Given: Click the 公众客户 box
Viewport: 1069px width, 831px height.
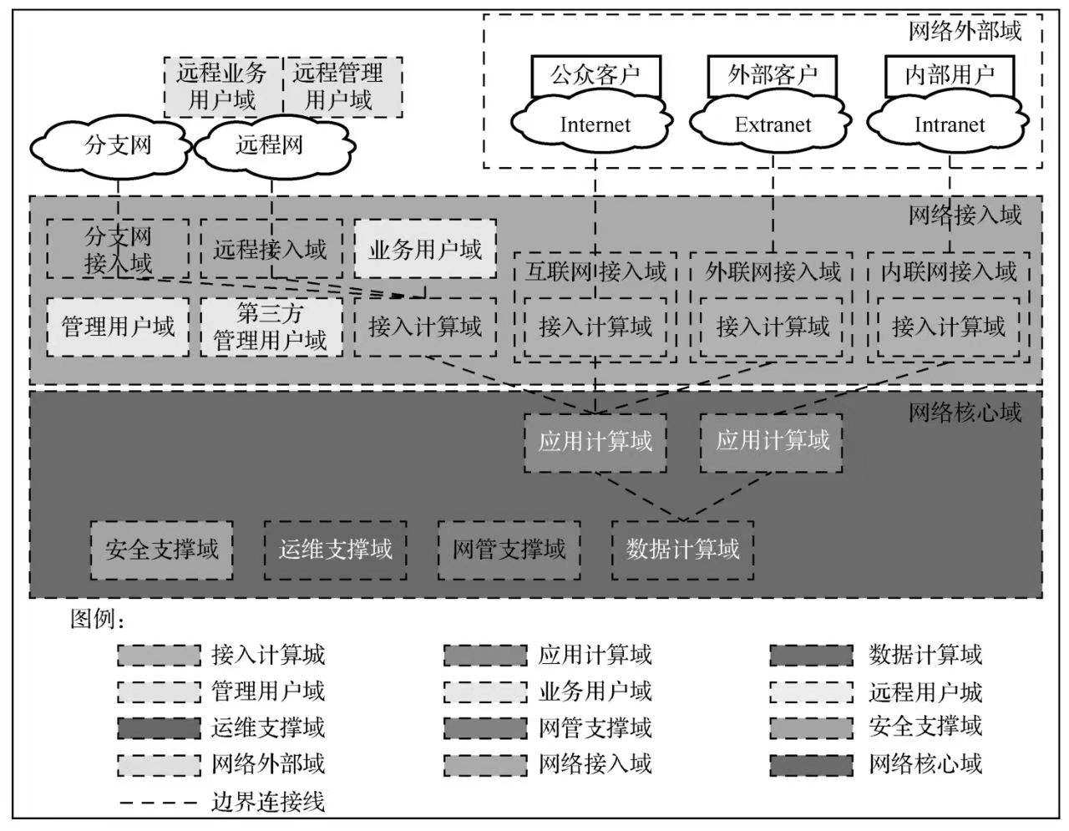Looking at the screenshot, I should point(595,75).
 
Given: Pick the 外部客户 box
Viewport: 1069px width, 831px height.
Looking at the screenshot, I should point(773,75).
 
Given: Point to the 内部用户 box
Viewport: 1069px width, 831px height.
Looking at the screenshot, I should point(950,75).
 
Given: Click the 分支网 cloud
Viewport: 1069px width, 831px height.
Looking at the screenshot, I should point(118,146).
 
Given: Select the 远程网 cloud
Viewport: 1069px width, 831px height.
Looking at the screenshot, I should point(269,146).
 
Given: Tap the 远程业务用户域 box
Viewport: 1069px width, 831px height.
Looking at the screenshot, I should point(222,87).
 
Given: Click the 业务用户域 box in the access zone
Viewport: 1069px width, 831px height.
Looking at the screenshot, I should point(425,249).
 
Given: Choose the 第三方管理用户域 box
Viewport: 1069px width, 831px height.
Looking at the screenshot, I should point(271,327).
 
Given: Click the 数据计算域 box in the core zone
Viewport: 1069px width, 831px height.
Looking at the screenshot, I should point(682,550).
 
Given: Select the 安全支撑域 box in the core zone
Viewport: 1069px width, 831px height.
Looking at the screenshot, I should point(162,550).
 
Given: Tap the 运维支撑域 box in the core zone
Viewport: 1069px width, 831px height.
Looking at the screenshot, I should point(335,550).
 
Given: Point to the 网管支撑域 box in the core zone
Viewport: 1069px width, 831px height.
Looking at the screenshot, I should point(509,550).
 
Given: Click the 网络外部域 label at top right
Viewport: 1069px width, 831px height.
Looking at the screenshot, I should point(965,32).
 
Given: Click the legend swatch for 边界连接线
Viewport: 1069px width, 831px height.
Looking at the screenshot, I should point(159,803).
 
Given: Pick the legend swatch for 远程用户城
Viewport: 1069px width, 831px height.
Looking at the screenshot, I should point(811,692).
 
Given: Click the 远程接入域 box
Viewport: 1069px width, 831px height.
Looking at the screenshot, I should point(271,249).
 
